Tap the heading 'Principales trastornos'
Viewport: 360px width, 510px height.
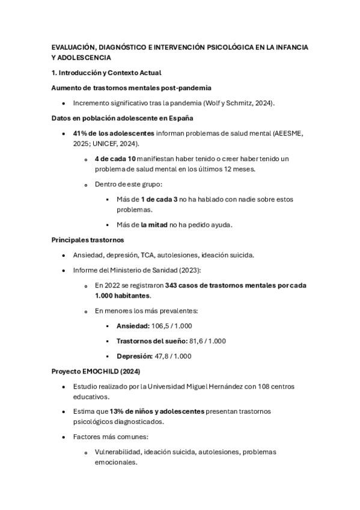point(88,240)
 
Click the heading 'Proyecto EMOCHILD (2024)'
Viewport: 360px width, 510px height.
point(96,371)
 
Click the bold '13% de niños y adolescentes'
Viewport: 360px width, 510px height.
point(156,411)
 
